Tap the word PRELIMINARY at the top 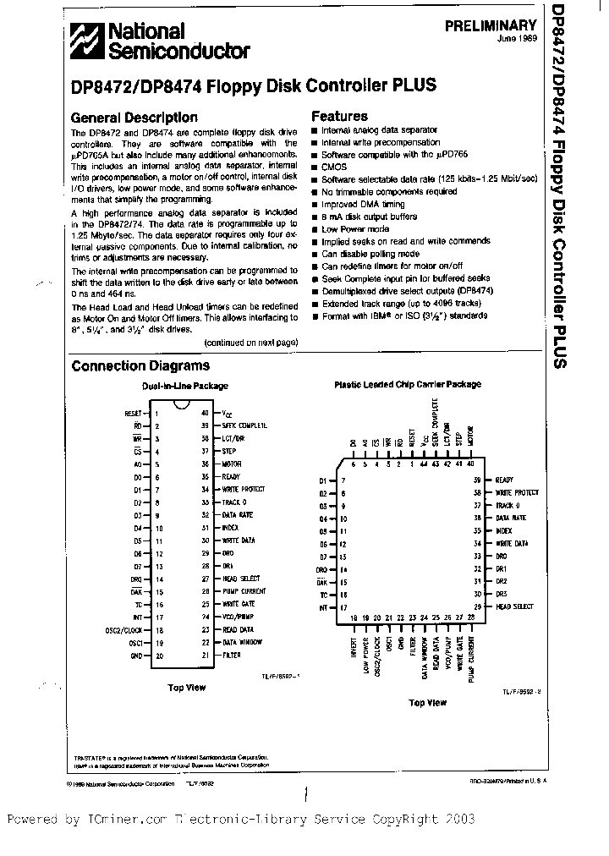point(491,26)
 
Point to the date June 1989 point(518,39)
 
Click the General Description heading point(134,118)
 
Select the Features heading point(339,116)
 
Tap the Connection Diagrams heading point(140,365)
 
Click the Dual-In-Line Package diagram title point(184,386)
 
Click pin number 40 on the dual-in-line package point(205,412)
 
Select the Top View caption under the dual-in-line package point(187,688)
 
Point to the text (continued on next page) point(251,342)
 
